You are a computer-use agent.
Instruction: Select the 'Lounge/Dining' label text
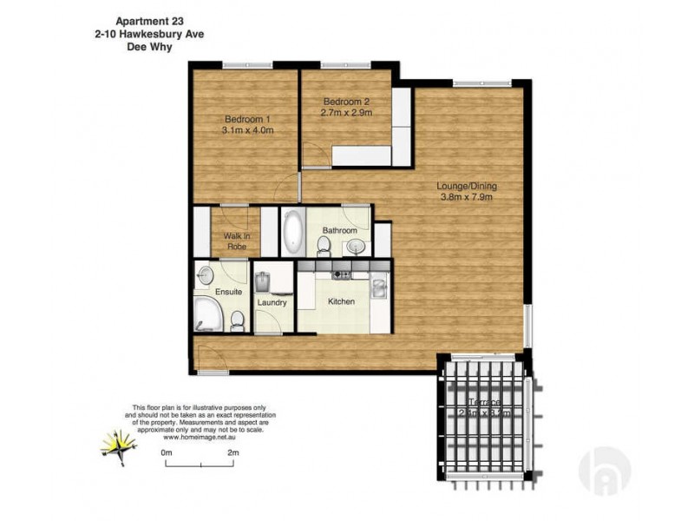point(467,191)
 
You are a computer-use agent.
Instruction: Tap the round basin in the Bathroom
point(356,247)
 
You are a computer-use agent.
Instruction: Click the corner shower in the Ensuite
point(207,316)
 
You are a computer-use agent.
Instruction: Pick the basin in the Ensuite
point(205,274)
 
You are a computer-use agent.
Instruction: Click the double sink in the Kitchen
point(378,288)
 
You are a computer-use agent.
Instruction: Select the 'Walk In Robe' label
point(236,241)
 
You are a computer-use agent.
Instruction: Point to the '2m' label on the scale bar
point(232,452)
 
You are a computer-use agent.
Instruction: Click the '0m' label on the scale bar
point(167,452)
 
